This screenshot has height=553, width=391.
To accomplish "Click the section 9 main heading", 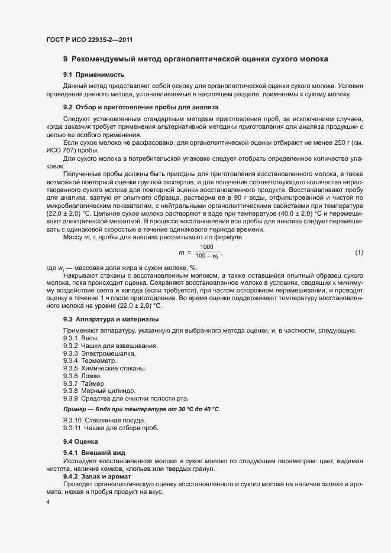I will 195,59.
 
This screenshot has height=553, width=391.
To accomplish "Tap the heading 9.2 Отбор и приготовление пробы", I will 141,108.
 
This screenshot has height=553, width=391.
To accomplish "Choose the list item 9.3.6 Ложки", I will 82,376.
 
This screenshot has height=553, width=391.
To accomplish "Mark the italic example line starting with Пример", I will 141,409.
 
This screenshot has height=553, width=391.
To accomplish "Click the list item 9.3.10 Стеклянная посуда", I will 104,420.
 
